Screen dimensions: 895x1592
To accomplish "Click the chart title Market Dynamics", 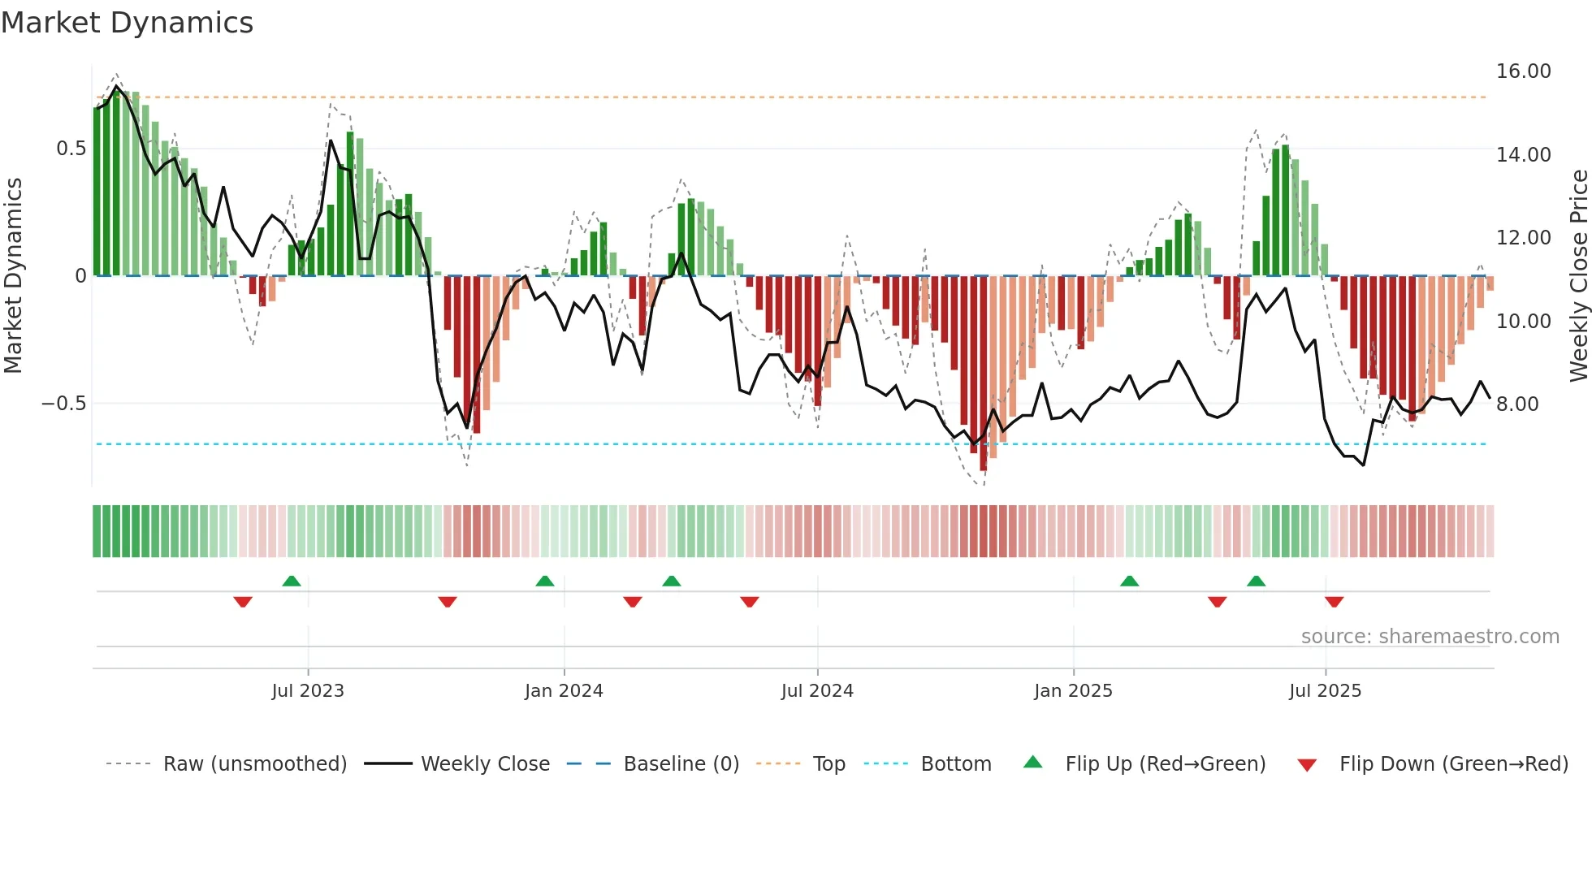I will click(x=127, y=23).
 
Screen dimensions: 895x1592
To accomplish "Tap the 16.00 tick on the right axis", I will click(x=1523, y=71).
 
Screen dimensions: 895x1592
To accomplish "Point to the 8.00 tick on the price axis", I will click(x=1517, y=404).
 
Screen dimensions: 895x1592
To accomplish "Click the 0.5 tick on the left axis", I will click(x=71, y=149).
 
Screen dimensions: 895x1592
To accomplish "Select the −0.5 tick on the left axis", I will click(x=63, y=404).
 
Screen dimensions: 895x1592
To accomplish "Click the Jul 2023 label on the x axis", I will click(x=308, y=691).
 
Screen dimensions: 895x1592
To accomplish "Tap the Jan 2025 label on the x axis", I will click(x=1073, y=691).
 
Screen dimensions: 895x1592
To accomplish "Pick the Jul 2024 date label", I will click(x=817, y=691).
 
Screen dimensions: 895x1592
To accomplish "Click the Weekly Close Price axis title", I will click(x=1578, y=276).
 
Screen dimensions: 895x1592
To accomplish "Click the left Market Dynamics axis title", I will click(x=13, y=276).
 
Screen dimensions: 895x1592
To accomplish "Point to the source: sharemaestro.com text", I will click(x=1430, y=637).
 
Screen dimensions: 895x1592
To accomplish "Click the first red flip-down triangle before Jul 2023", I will click(x=243, y=602).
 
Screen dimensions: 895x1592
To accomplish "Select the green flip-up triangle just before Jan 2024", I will click(x=545, y=581).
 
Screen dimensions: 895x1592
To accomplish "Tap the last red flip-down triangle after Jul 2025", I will click(x=1334, y=602).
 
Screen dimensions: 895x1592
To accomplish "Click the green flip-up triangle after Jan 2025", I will click(x=1129, y=581).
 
